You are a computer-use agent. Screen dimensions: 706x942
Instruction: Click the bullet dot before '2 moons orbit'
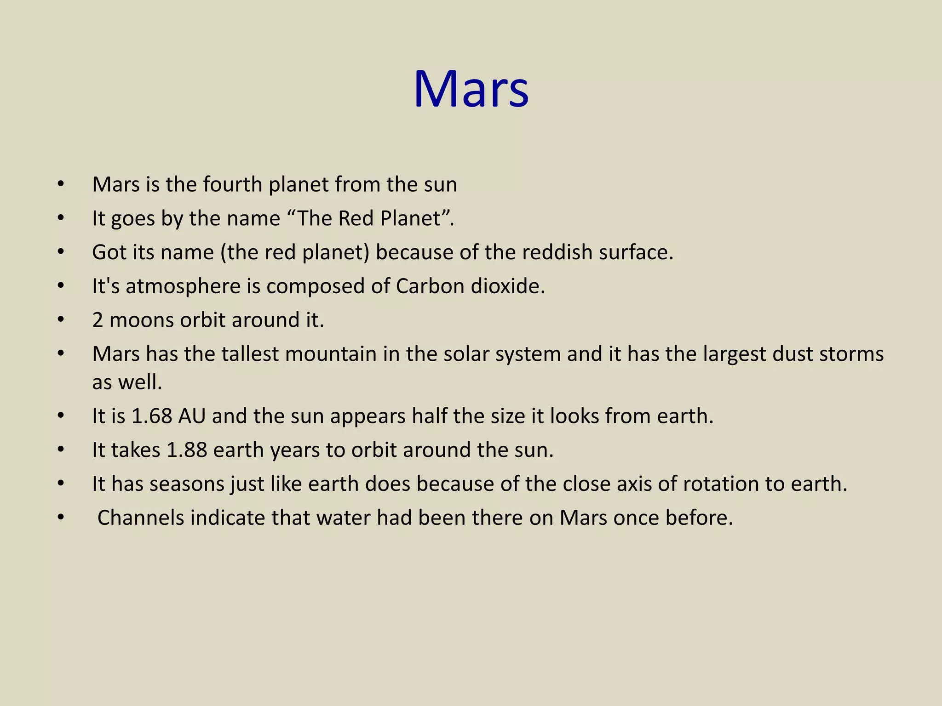[x=61, y=319]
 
